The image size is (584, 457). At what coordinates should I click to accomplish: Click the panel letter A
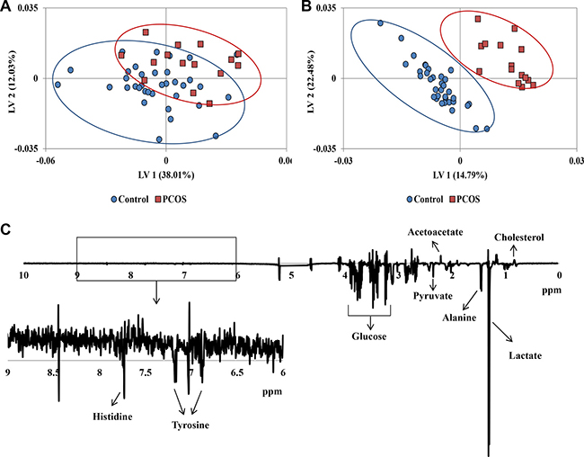pos(6,9)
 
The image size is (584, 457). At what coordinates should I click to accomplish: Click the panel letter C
pos(6,229)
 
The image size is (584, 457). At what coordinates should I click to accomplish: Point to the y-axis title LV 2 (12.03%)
pos(12,79)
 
